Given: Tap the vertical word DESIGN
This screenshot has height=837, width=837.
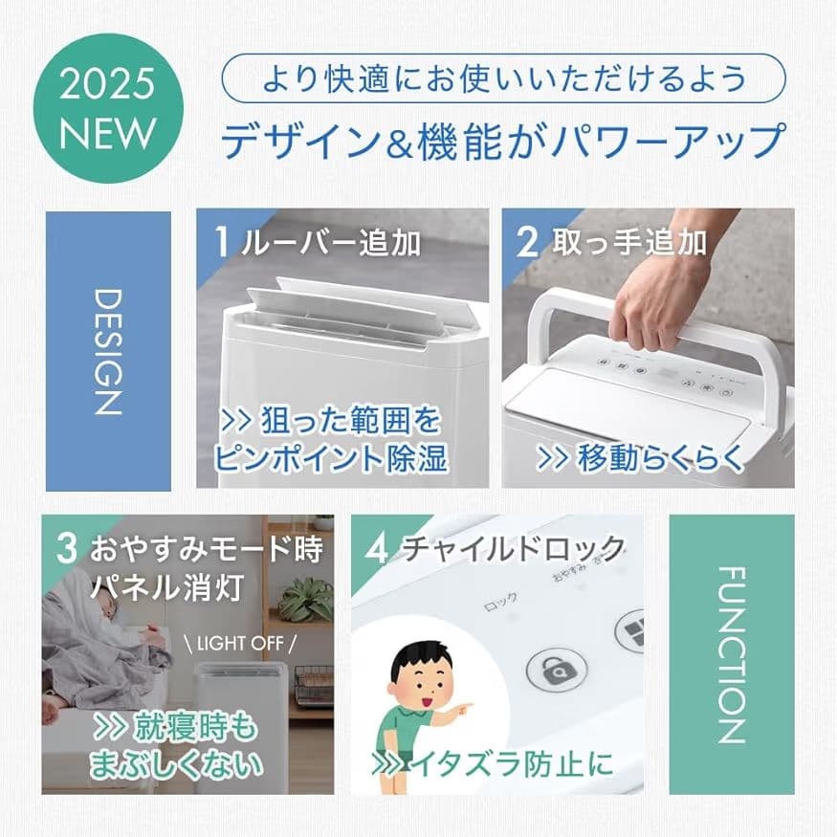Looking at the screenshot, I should tap(108, 351).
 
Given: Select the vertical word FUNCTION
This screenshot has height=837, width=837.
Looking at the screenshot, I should tap(730, 654).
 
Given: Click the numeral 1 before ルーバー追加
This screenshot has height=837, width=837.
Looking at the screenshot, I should tap(222, 242).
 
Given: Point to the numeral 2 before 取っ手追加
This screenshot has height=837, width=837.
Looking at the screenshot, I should tap(527, 242).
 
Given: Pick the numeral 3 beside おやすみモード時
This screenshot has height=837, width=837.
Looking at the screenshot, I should tap(66, 550).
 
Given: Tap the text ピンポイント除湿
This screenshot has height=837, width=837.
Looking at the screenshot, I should tap(329, 458).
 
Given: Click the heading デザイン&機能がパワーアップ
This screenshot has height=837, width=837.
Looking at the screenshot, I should tap(503, 140).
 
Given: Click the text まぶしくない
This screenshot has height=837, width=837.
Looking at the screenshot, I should tap(174, 764).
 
